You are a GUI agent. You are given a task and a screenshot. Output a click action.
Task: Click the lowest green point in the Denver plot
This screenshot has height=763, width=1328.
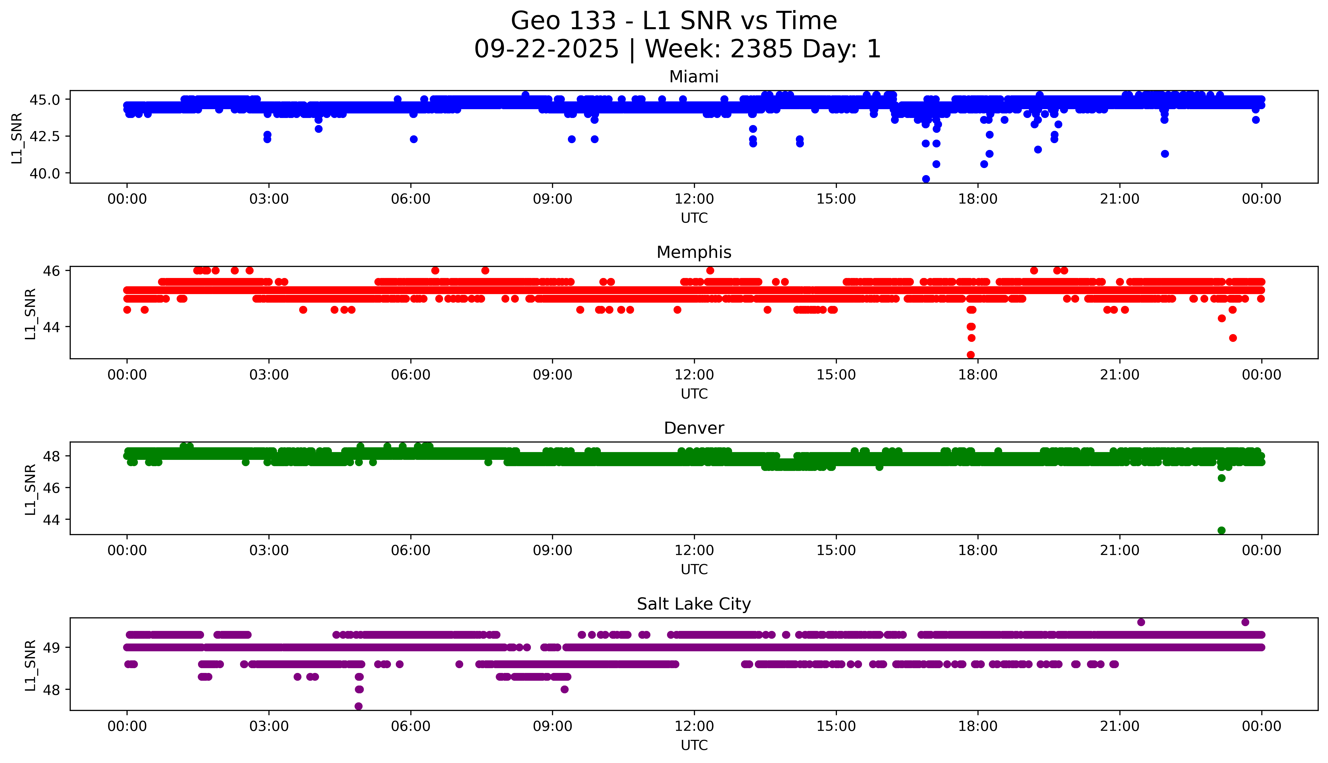[1221, 530]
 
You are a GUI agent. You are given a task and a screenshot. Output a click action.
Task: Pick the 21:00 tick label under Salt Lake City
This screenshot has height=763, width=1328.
[1119, 726]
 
